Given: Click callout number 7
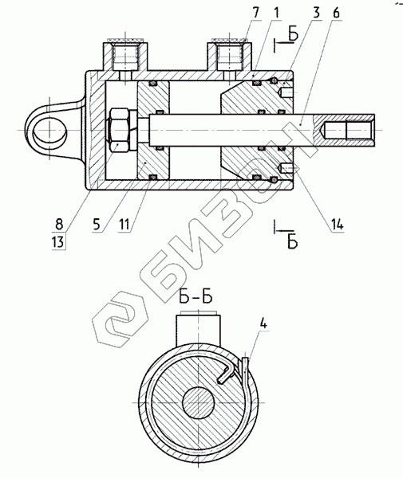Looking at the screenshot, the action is click(x=256, y=13).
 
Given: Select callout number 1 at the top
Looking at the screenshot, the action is click(x=277, y=13).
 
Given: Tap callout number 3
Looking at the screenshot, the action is click(x=317, y=13).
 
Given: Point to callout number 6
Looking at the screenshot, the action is click(x=336, y=13).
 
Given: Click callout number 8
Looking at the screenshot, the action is click(x=59, y=225).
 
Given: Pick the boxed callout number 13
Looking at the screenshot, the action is click(x=58, y=242).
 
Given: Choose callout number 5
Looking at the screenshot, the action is click(x=97, y=225).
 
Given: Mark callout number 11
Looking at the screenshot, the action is click(x=124, y=225).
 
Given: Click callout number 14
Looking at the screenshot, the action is click(x=337, y=225).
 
